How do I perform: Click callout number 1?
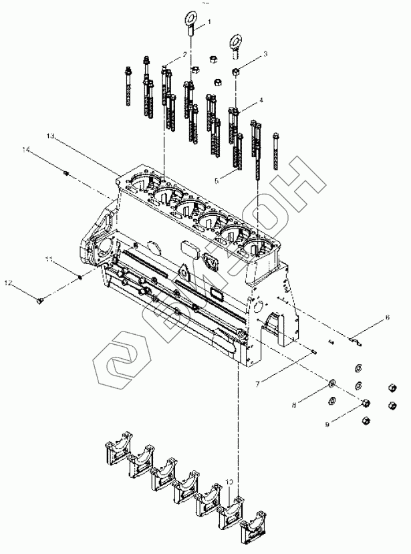tap(209, 22)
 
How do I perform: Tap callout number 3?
tap(265, 53)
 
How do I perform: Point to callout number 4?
tap(261, 100)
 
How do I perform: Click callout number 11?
tap(49, 259)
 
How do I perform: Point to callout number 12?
tap(9, 283)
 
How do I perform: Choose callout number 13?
tap(50, 136)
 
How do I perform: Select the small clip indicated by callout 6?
tap(356, 341)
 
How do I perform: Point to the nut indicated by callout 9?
tap(366, 404)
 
